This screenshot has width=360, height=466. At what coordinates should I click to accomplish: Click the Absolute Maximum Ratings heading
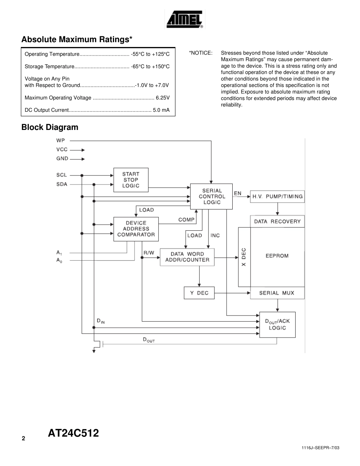[x=77, y=40]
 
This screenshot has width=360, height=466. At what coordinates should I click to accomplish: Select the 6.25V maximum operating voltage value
[x=163, y=98]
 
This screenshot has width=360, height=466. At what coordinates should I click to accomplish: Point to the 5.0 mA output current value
[x=161, y=110]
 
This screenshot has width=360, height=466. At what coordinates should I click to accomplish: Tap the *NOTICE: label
[x=200, y=53]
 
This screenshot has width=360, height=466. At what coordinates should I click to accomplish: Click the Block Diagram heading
[x=50, y=127]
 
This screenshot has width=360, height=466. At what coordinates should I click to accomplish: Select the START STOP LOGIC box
[x=131, y=180]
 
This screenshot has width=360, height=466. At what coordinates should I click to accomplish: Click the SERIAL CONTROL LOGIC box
[x=212, y=196]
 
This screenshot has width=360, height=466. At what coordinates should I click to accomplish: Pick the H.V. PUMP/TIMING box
[x=277, y=196]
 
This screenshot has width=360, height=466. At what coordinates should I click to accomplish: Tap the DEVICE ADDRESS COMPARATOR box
[x=136, y=229]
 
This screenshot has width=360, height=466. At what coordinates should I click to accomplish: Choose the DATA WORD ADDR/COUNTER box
[x=187, y=257]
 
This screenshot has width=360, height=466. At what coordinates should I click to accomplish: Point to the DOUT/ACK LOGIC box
[x=277, y=324]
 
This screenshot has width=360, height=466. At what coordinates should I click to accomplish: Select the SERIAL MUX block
[x=277, y=293]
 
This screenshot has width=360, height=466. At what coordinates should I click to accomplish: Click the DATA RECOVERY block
[x=277, y=221]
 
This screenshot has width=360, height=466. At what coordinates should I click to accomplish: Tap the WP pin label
[x=61, y=141]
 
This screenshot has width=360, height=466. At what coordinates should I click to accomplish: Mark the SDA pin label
[x=62, y=184]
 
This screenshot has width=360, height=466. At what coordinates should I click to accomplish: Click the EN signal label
[x=238, y=193]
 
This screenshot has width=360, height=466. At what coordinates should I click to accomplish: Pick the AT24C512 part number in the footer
[x=74, y=433]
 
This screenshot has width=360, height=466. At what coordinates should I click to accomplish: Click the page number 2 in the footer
[x=23, y=438]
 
